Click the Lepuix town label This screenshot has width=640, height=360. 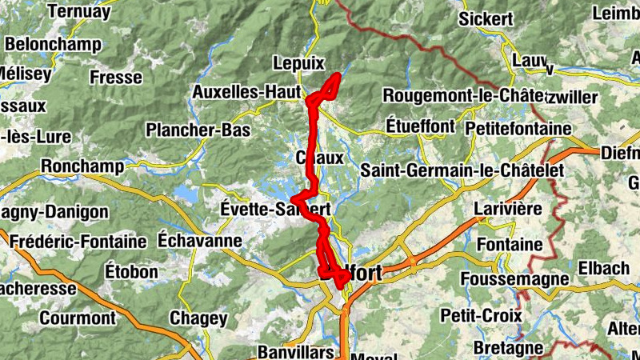[298, 63]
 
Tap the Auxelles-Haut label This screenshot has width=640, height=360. [246, 93]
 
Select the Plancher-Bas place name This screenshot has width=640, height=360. [198, 130]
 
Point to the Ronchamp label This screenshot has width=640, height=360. [83, 166]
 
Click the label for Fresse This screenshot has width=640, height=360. [116, 78]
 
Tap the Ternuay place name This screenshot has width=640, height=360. [78, 11]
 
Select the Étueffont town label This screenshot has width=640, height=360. [419, 126]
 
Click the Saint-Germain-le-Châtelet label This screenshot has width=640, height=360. [462, 170]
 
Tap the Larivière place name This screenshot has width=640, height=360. [509, 210]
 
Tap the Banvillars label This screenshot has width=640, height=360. [295, 352]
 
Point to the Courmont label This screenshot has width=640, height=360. [78, 318]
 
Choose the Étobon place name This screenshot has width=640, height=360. [131, 272]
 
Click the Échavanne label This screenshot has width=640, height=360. [200, 240]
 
